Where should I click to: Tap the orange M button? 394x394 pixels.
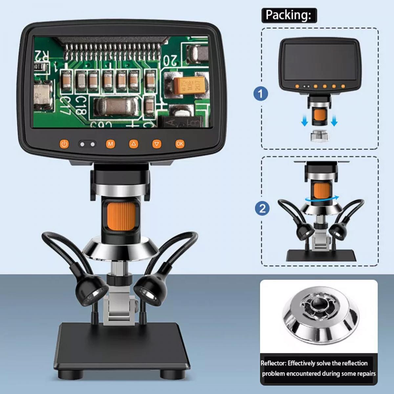point(110,144)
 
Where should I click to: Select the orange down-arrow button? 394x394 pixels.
point(157,144)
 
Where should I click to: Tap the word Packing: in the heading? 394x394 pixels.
point(288,15)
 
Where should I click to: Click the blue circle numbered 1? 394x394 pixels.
point(261,94)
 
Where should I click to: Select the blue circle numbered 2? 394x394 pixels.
point(262,208)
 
